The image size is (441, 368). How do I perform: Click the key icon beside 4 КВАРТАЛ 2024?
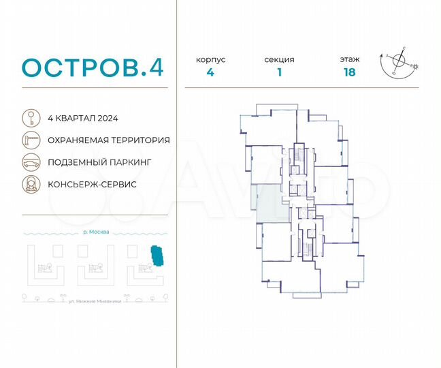point(31,118)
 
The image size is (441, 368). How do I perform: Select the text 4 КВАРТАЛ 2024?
point(83,118)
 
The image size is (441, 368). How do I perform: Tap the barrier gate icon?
point(31,140)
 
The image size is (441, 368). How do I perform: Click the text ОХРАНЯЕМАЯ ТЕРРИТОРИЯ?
point(109,140)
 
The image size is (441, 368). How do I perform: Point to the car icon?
point(31,163)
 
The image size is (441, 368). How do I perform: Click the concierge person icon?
point(31,185)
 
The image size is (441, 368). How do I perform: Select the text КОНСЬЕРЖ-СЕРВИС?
point(92,185)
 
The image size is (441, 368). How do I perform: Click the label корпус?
point(211,60)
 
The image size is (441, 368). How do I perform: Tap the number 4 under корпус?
point(211,74)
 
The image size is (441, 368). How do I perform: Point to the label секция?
point(279,60)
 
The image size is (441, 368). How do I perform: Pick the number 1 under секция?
point(279,74)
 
